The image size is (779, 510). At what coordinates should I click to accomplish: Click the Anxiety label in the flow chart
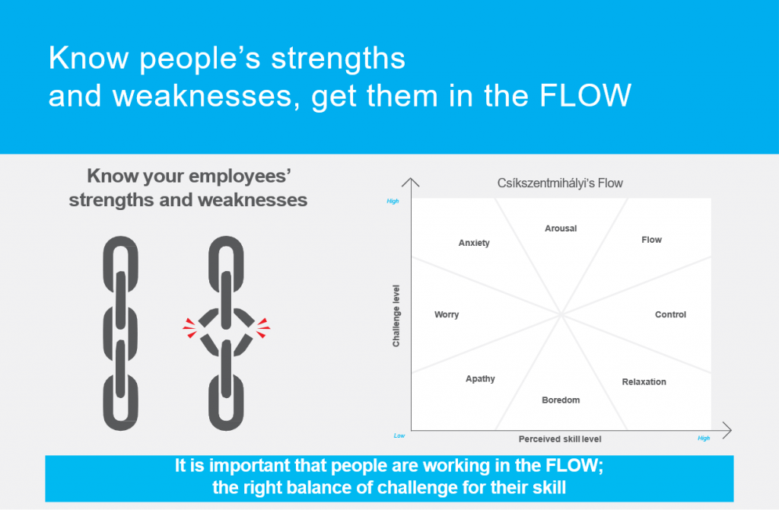click(x=474, y=243)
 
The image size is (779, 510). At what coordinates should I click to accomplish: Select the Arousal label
click(x=561, y=228)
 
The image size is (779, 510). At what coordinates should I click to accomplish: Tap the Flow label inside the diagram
click(x=651, y=240)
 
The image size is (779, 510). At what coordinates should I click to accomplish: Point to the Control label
click(x=670, y=314)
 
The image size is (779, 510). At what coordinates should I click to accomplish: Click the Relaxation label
click(x=644, y=382)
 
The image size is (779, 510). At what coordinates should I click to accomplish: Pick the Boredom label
click(x=561, y=400)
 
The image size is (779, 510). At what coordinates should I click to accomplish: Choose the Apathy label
click(x=480, y=379)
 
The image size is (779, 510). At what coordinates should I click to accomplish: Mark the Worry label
click(x=446, y=314)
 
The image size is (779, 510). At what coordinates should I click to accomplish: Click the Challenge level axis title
click(x=396, y=316)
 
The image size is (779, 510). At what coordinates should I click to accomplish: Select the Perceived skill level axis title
click(x=560, y=439)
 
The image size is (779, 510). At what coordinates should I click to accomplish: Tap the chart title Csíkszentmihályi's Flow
click(x=560, y=183)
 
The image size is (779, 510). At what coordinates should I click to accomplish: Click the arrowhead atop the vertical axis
click(x=410, y=182)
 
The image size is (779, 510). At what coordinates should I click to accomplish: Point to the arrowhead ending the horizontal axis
click(x=727, y=431)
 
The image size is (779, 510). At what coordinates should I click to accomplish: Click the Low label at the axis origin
click(x=399, y=436)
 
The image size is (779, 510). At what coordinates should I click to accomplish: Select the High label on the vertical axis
click(x=393, y=201)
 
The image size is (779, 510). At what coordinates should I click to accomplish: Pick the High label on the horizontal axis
click(x=704, y=438)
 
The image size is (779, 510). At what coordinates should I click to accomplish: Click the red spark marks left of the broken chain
click(x=189, y=328)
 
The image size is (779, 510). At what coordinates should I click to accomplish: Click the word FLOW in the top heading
click(x=585, y=95)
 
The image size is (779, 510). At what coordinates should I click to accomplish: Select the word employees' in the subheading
click(x=240, y=177)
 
